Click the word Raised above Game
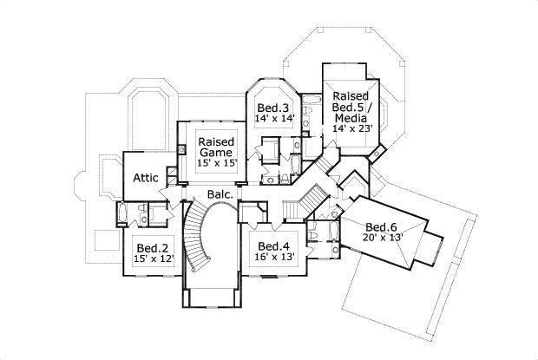[213, 141]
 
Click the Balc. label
[220, 195]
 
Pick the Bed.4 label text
[272, 246]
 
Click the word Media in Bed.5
[350, 117]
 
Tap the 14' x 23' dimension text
[350, 128]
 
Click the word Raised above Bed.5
[350, 95]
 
